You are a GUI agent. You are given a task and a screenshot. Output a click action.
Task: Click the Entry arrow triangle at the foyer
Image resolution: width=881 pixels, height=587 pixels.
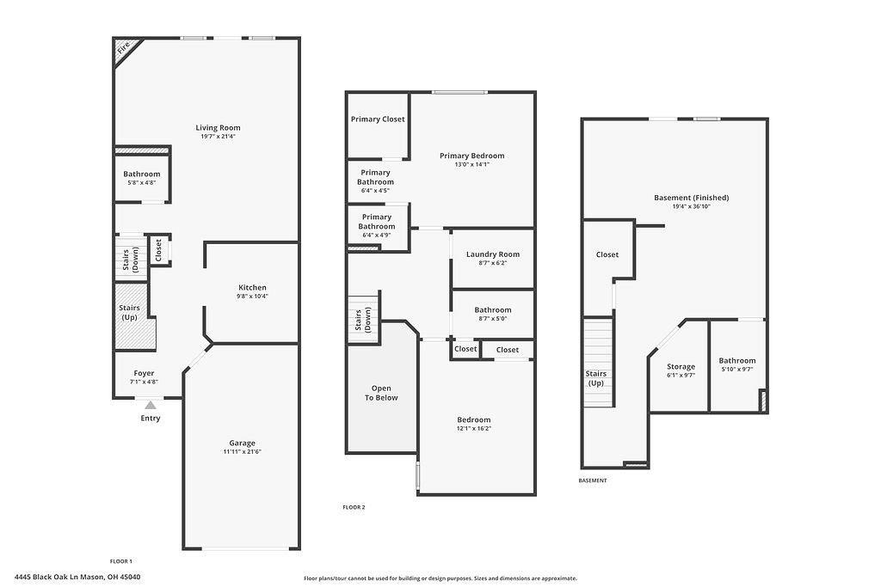click(x=151, y=405)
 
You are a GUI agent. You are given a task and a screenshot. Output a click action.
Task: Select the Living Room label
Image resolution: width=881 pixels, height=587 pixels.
click(x=218, y=128)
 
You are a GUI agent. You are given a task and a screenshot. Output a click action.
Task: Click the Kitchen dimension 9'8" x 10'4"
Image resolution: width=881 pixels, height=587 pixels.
click(x=252, y=297)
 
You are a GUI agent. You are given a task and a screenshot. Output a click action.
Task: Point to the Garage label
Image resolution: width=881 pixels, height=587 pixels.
click(x=242, y=443)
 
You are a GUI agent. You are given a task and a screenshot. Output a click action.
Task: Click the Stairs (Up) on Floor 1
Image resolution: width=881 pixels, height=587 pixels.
click(x=129, y=312)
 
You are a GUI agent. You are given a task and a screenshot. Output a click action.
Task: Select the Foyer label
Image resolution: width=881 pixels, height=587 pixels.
click(x=143, y=373)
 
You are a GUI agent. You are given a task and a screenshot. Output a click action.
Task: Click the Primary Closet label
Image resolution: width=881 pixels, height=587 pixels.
click(x=378, y=119)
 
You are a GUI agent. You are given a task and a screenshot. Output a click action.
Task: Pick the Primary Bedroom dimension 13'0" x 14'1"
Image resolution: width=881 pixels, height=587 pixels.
click(x=471, y=165)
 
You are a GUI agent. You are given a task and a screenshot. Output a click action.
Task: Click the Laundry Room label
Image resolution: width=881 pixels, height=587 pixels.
click(x=493, y=254)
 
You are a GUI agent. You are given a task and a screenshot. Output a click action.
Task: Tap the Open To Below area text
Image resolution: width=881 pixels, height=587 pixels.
click(x=381, y=393)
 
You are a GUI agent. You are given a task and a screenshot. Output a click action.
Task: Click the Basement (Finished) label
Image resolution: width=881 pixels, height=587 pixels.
click(x=691, y=198)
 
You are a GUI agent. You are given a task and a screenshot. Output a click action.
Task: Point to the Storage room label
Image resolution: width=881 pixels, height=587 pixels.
click(x=681, y=367)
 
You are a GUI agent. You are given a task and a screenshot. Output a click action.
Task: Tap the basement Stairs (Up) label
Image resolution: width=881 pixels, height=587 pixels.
click(x=596, y=378)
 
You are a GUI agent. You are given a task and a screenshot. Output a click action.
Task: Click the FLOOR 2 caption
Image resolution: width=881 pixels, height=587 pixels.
click(x=354, y=508)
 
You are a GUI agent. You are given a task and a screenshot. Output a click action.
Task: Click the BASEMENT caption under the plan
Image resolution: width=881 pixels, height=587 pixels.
click(x=593, y=480)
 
